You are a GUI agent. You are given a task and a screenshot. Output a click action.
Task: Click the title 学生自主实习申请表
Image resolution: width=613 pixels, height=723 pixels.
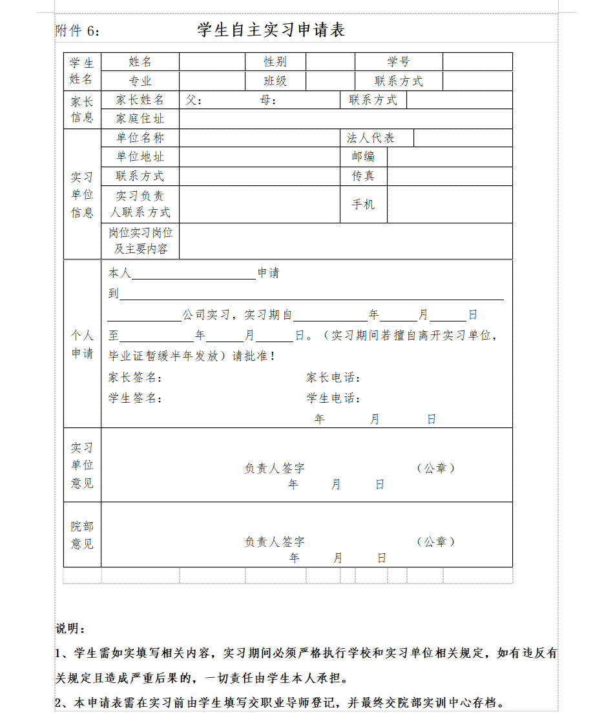click(x=271, y=30)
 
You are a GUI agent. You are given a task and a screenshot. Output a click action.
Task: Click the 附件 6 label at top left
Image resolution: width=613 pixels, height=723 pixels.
click(x=78, y=31)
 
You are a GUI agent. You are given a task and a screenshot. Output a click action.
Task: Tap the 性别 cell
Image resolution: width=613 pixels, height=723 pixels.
click(x=275, y=62)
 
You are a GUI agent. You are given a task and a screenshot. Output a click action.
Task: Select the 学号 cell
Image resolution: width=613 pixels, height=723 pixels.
click(x=399, y=62)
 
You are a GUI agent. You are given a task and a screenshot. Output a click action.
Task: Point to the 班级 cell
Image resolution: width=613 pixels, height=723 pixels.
click(x=275, y=81)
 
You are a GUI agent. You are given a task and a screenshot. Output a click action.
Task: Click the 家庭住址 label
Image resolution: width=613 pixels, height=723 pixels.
click(x=140, y=119)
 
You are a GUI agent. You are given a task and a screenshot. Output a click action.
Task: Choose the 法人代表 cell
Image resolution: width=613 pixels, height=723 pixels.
click(x=371, y=138)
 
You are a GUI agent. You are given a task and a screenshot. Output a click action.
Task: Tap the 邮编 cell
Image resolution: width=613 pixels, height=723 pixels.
click(x=363, y=157)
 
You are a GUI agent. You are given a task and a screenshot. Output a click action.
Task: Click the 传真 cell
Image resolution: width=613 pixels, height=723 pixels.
click(x=363, y=176)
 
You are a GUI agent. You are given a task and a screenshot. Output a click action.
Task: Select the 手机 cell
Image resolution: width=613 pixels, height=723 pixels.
click(x=363, y=205)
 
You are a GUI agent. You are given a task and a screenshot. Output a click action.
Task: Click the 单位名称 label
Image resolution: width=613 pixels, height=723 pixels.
click(x=140, y=138)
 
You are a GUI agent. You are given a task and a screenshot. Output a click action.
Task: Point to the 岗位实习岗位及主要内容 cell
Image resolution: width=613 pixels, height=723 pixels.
click(x=140, y=241)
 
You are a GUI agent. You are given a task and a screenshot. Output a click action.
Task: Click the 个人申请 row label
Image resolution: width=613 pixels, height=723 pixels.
click(x=82, y=344)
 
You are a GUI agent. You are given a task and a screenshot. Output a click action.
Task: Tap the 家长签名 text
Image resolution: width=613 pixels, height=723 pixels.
click(x=135, y=378)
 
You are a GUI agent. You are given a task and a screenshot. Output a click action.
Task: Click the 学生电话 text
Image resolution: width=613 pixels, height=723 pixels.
click(x=333, y=398)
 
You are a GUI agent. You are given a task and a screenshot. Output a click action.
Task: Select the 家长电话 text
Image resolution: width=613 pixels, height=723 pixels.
click(x=333, y=378)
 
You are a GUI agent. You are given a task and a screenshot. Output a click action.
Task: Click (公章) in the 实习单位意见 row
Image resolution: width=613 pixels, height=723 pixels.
click(x=436, y=468)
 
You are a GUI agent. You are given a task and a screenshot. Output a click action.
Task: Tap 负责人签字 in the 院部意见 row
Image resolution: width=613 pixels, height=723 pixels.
click(x=275, y=542)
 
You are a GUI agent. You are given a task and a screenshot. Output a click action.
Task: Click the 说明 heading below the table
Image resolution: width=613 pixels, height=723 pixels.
click(x=70, y=629)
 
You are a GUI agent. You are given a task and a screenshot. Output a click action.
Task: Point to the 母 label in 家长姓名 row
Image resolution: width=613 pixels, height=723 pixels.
click(x=268, y=100)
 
